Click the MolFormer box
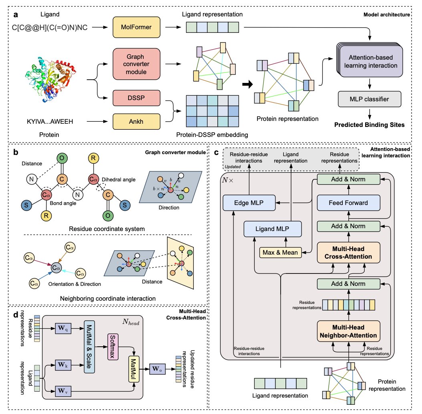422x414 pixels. pyautogui.click(x=137, y=28)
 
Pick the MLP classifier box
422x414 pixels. pyautogui.click(x=365, y=99)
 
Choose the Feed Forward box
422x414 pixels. pyautogui.click(x=348, y=203)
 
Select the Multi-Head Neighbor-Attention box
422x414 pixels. pyautogui.click(x=348, y=330)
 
